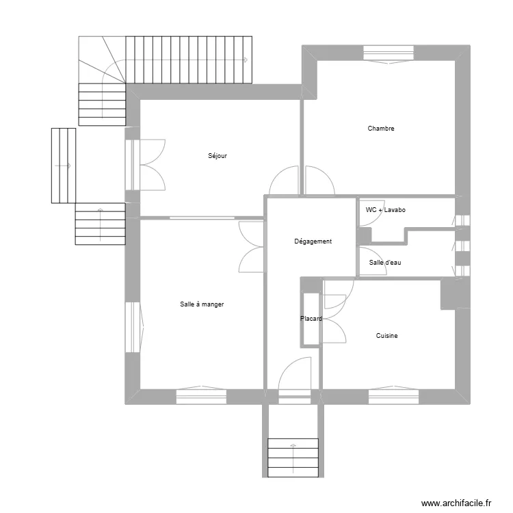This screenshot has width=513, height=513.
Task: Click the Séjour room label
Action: coord(218,156)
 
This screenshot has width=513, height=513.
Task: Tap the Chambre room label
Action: coord(381,129)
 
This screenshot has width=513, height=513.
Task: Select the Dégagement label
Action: coord(313,241)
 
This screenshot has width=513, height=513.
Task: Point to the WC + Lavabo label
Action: coord(386,210)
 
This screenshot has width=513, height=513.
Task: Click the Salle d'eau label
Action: coord(384,263)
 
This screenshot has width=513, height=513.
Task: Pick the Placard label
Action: coord(311,319)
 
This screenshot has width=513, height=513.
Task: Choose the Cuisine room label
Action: coord(386,336)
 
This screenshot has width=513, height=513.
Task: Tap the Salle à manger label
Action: coord(202,304)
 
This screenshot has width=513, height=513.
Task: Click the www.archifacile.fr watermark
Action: coord(456,503)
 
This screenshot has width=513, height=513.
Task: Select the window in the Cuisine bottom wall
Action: coord(393,395)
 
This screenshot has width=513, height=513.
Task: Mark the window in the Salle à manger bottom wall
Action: coord(201,395)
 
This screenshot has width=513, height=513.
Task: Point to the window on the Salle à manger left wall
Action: coord(133,327)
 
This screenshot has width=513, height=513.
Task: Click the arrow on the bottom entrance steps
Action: coord(293,448)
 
